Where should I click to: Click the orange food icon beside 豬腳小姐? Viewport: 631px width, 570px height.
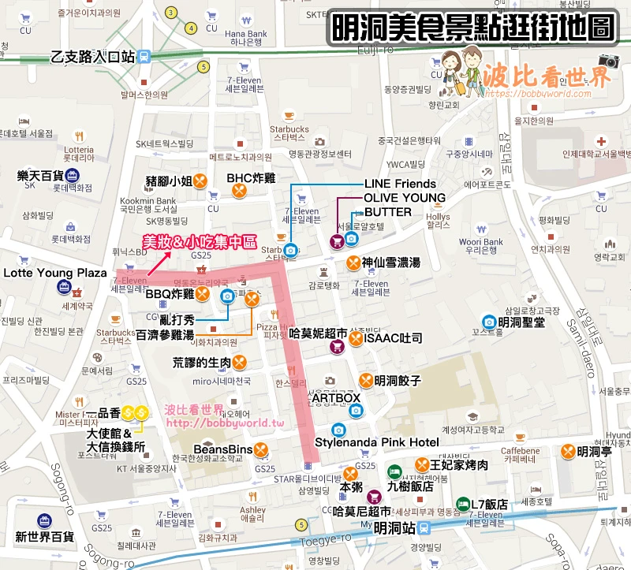pyautogui.click(x=201, y=181)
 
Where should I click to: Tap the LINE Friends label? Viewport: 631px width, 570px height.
pyautogui.click(x=399, y=184)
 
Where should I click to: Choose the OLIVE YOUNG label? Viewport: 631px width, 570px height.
pyautogui.click(x=404, y=198)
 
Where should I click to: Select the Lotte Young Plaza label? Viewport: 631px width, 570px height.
pyautogui.click(x=55, y=273)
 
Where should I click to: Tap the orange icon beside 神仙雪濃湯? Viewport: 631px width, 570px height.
pyautogui.click(x=352, y=263)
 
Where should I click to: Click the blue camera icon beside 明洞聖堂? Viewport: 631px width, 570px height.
pyautogui.click(x=489, y=322)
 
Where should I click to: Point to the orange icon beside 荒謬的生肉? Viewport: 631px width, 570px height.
pyautogui.click(x=241, y=363)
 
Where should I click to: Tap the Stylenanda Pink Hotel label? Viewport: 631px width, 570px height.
pyautogui.click(x=377, y=441)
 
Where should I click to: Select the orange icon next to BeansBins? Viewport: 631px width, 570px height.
pyautogui.click(x=261, y=450)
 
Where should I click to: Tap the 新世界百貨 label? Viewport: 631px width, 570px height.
pyautogui.click(x=45, y=536)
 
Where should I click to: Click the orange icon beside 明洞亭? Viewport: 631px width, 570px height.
pyautogui.click(x=567, y=451)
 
